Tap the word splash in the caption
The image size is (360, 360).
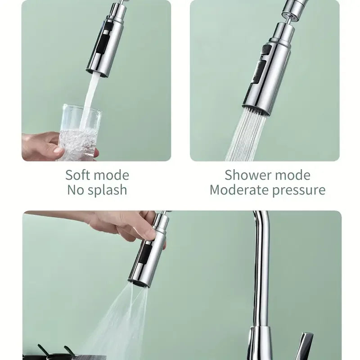click(108, 190)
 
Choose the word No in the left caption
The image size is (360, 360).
click(76, 190)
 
